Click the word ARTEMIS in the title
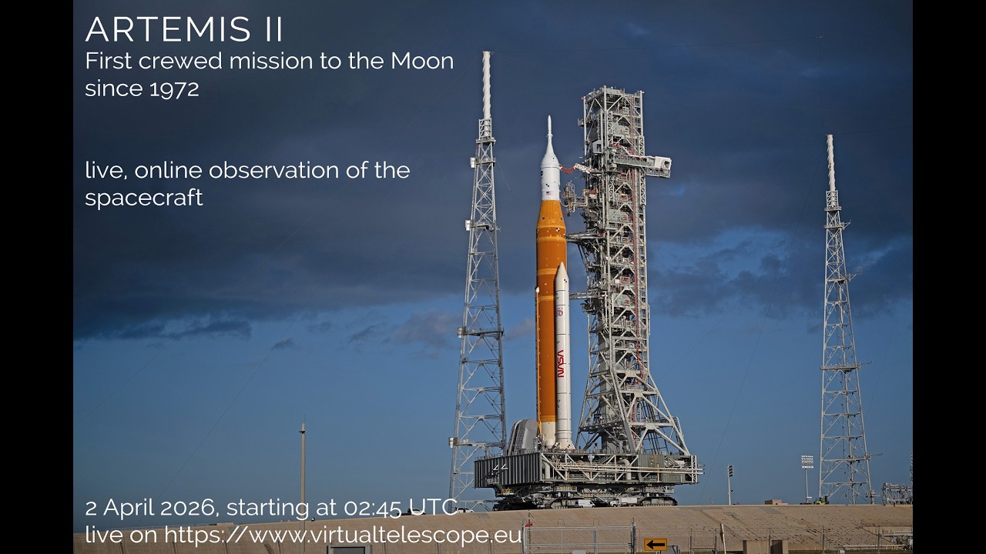click(x=164, y=29)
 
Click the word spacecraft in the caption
click(x=144, y=197)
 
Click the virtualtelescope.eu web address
click(x=344, y=535)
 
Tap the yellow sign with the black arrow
click(x=656, y=545)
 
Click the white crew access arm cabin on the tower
click(x=659, y=162)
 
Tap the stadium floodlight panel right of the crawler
click(x=807, y=462)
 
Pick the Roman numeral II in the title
click(x=268, y=29)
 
